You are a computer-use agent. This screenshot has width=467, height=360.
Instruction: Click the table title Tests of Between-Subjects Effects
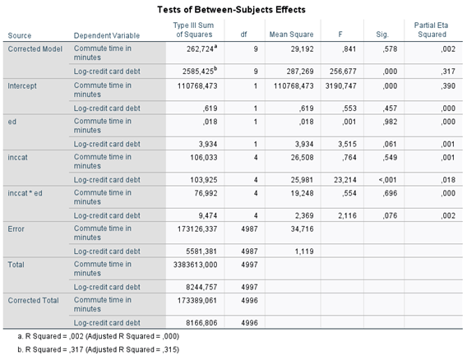(x=231, y=10)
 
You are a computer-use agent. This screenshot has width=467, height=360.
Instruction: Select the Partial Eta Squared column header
(x=432, y=30)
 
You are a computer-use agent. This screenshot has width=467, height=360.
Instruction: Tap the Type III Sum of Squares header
(x=194, y=30)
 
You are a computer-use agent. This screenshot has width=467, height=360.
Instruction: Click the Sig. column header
(x=382, y=35)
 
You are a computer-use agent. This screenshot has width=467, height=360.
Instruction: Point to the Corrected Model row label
(x=35, y=48)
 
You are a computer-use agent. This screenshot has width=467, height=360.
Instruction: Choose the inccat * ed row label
(x=25, y=193)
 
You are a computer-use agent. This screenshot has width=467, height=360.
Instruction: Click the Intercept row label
(x=22, y=86)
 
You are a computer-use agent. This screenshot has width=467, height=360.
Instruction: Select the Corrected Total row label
(x=34, y=301)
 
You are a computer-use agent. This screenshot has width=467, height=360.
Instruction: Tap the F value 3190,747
(x=340, y=86)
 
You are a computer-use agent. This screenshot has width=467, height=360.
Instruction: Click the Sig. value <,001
(x=388, y=180)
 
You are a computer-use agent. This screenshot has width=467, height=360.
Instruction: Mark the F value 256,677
(x=343, y=72)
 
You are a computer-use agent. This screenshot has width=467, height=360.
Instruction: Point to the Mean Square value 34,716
(x=303, y=229)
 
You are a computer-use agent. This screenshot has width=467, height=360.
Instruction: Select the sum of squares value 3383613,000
(x=196, y=265)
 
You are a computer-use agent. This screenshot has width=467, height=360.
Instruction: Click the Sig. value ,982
(x=391, y=122)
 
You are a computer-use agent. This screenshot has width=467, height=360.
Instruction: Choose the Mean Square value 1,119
(x=304, y=252)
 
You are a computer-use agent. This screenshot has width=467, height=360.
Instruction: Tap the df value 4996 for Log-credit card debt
(x=250, y=323)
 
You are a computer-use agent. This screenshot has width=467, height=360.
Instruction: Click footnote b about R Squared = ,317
(x=99, y=349)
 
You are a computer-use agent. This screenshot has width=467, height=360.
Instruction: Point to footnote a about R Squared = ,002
(x=99, y=336)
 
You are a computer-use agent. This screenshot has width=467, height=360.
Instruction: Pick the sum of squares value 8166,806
(x=201, y=323)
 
